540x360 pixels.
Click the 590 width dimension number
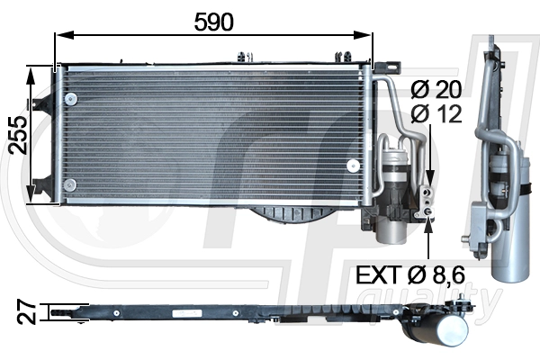(214, 22)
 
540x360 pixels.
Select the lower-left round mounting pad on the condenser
(70, 185)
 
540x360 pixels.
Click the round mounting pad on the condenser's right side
(353, 165)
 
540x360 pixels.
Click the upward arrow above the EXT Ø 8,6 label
(430, 221)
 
